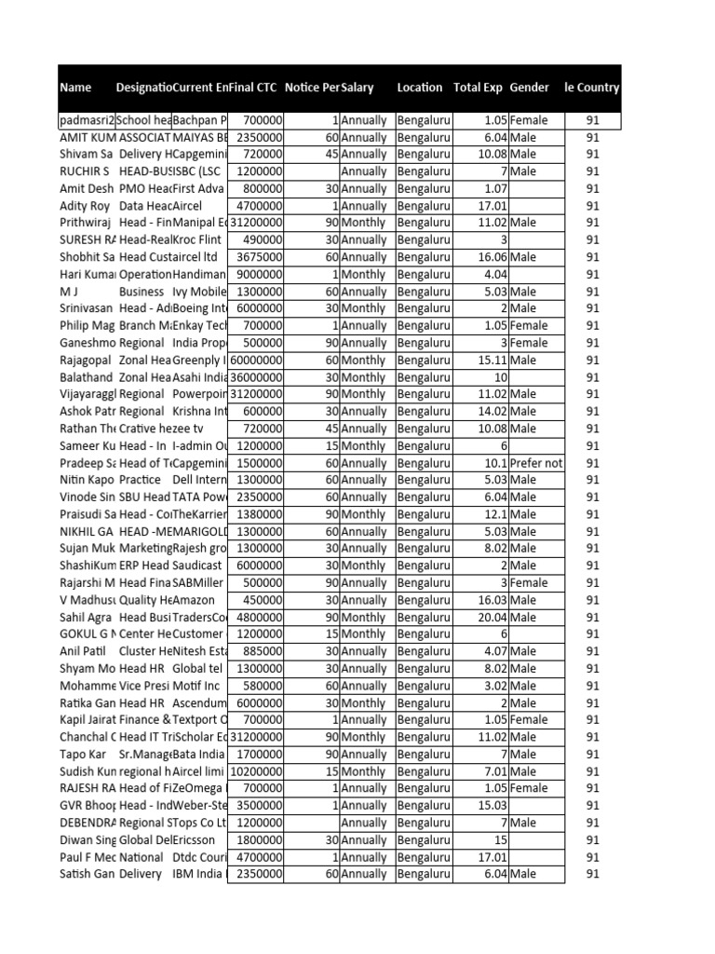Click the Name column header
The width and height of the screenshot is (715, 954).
76,88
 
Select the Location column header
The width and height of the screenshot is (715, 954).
420,88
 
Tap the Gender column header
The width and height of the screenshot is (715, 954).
529,88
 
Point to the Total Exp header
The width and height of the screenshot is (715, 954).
478,88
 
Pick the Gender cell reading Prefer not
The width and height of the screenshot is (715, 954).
536,463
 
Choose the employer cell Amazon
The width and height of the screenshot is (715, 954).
195,600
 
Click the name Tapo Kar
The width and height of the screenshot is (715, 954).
81,754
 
